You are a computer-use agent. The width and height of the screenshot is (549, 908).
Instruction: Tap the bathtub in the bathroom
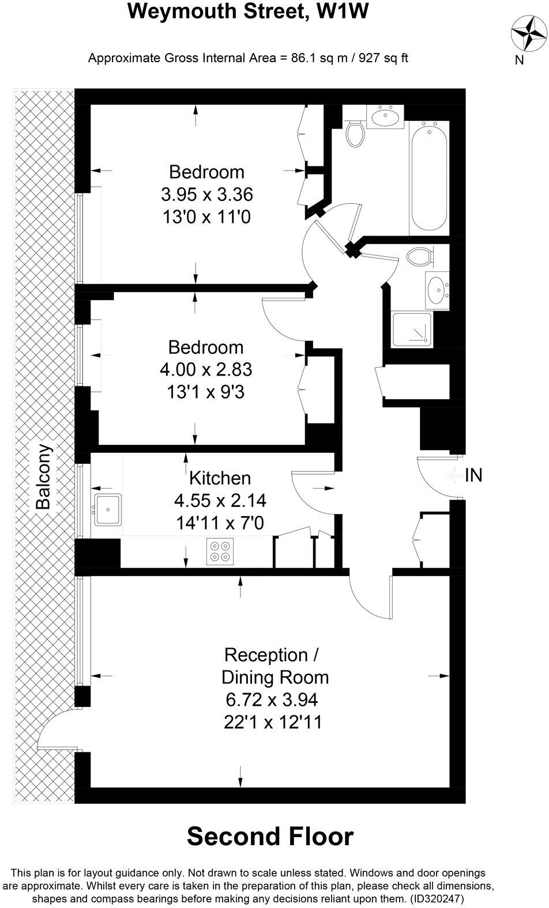(x=428, y=175)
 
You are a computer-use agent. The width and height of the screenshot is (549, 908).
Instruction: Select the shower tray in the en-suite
(x=411, y=330)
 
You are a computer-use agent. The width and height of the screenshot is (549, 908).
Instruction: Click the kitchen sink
(x=108, y=509)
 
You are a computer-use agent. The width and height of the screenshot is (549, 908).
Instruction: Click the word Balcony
(x=44, y=477)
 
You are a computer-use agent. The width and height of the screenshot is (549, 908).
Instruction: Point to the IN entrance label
(x=473, y=475)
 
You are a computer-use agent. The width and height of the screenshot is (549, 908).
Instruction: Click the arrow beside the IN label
(x=455, y=476)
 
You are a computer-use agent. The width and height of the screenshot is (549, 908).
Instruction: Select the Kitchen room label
(x=220, y=478)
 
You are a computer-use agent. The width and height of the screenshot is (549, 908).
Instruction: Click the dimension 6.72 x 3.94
(x=272, y=700)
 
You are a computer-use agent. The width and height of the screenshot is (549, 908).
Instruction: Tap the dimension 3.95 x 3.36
(x=206, y=194)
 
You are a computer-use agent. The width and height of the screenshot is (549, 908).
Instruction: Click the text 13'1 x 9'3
(x=205, y=392)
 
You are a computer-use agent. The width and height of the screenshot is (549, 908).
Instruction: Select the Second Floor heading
(x=270, y=837)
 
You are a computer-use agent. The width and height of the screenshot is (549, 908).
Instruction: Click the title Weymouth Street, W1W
(x=247, y=12)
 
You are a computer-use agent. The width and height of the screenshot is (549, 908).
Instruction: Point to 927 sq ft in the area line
(x=383, y=58)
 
